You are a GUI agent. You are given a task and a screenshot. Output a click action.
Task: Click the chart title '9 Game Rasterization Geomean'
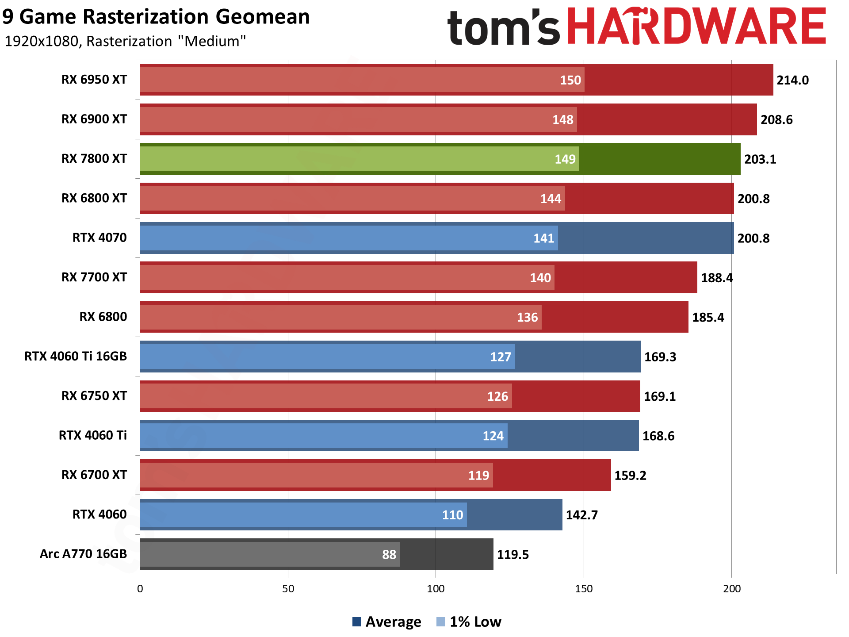coord(156,17)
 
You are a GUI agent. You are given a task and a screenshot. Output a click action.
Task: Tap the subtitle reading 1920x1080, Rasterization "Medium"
coord(125,41)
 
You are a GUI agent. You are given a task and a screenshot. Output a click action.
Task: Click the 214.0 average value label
coord(792,80)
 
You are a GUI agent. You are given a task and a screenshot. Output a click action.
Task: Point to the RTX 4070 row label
coord(99,238)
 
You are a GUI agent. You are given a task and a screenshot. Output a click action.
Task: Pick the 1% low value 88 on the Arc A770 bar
coord(389,554)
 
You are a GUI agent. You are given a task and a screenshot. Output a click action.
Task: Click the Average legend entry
coord(387,622)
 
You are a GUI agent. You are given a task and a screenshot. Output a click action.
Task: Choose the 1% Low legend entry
coord(469,622)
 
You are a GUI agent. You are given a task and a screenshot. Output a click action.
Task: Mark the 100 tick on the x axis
coord(436,589)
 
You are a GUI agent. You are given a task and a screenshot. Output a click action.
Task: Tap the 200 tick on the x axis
coord(731,589)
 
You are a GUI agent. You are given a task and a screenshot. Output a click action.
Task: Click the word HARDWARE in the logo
coord(696,27)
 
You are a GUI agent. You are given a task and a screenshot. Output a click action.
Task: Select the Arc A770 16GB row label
coord(83,554)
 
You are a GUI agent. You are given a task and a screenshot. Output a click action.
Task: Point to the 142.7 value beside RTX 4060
coord(582,515)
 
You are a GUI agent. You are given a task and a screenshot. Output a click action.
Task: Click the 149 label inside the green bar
coord(565,159)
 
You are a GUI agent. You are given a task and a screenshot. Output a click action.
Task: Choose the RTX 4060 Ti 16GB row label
coord(76,356)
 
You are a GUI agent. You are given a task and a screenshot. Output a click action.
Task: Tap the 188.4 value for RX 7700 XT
coord(717,278)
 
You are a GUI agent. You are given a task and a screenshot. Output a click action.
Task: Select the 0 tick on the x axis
coord(140,589)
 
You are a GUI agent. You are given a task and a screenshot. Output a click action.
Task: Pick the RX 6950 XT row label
coord(94,80)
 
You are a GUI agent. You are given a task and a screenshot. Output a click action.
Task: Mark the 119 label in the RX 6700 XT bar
coord(478,476)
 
